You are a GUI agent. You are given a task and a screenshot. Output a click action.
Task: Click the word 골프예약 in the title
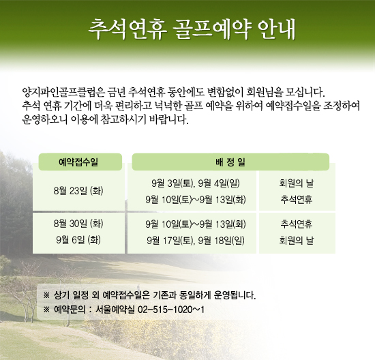click(212, 30)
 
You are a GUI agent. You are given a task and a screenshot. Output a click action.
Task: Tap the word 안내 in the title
click(277, 30)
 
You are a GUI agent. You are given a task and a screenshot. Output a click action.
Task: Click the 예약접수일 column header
click(78, 162)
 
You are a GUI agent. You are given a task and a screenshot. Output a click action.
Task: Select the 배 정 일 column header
click(230, 162)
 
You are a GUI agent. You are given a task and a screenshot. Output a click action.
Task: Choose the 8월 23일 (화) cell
click(78, 191)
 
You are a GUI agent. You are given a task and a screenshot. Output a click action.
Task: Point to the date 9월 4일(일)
click(219, 183)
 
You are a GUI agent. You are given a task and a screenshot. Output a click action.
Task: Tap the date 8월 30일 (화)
click(78, 224)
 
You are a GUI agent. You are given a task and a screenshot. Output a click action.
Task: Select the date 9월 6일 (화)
click(78, 240)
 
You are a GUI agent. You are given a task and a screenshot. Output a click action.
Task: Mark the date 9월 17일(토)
click(171, 241)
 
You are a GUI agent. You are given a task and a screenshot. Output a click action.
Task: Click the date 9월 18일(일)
click(222, 241)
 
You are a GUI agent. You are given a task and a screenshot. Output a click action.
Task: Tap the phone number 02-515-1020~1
click(171, 310)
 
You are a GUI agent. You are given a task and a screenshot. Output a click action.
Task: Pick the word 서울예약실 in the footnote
click(115, 310)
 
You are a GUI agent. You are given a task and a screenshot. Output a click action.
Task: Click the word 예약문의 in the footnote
click(70, 310)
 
